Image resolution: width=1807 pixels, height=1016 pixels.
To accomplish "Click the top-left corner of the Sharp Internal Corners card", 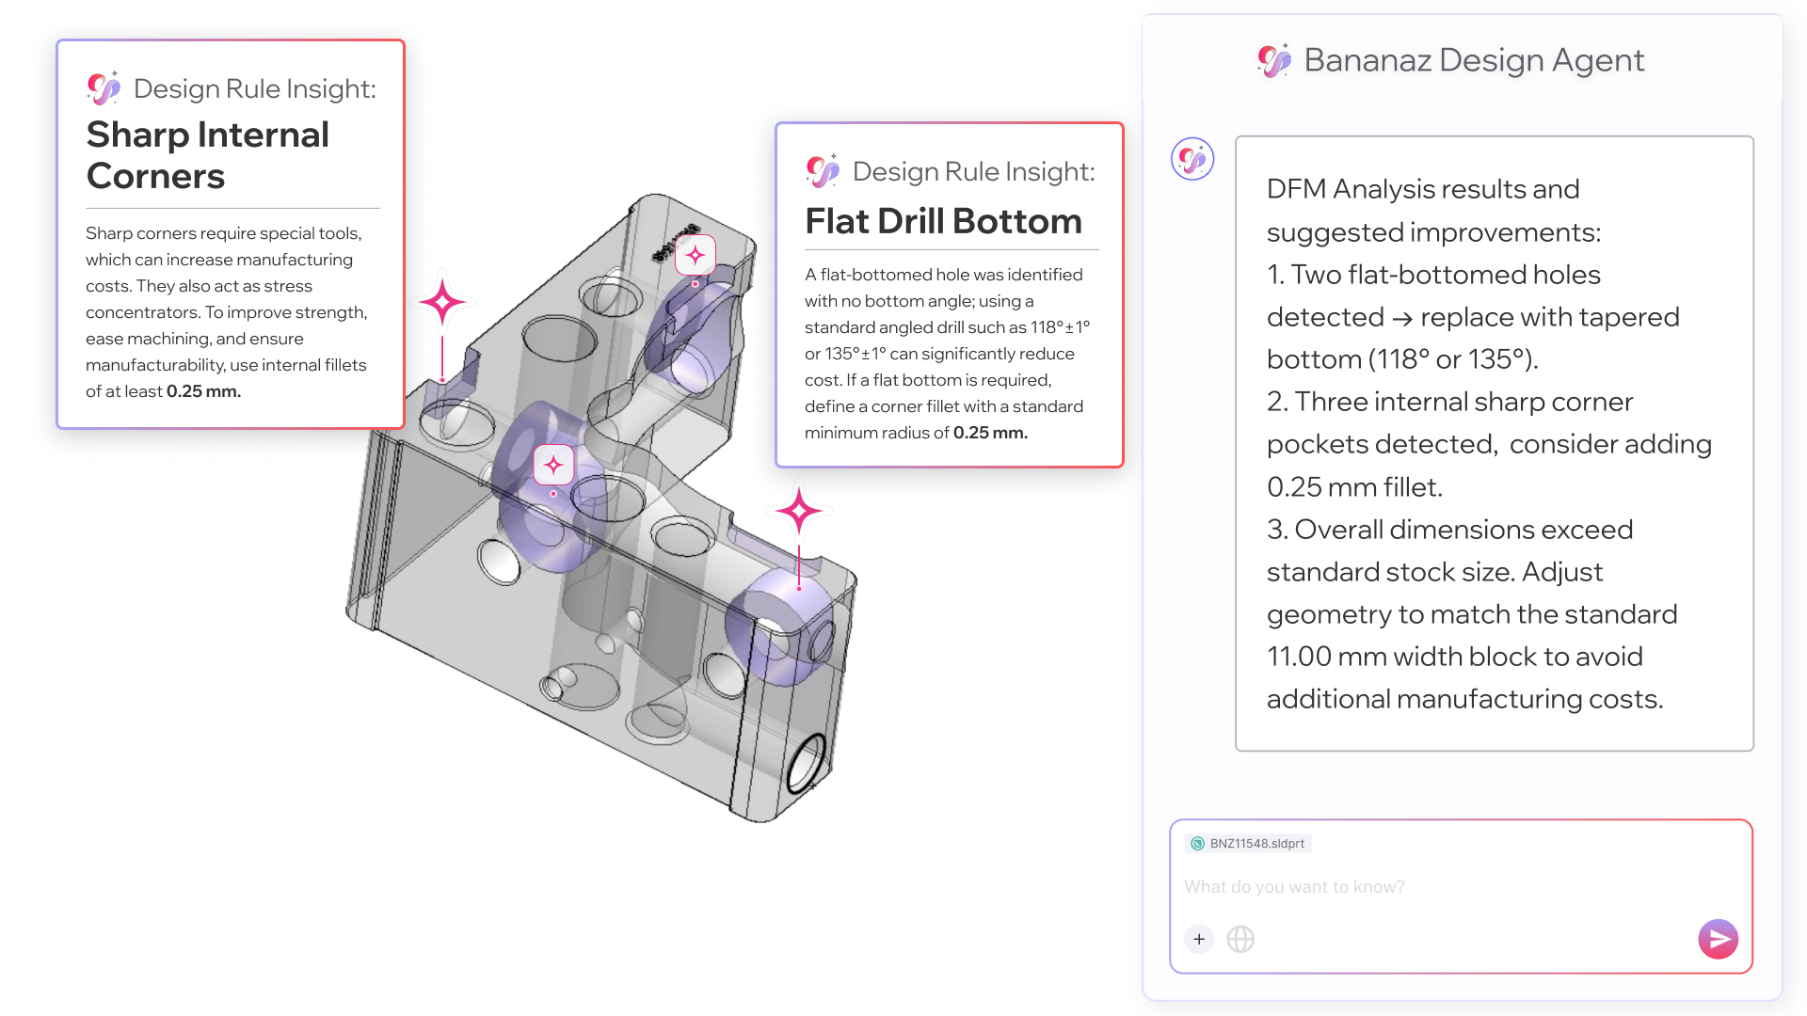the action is (x=57, y=40).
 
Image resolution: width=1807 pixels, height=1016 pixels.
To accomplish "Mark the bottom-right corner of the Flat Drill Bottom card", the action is (x=1123, y=467).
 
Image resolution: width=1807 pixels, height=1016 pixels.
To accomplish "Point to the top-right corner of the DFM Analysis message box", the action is (x=1753, y=136).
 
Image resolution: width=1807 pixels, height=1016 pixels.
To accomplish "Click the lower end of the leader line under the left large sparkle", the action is (x=442, y=380).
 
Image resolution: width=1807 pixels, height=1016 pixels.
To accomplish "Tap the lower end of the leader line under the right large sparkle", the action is (x=799, y=588).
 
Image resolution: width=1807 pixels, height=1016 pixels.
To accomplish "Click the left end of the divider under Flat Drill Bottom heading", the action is (x=806, y=250).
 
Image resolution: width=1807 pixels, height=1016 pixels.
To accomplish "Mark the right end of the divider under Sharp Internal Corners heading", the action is (x=380, y=208).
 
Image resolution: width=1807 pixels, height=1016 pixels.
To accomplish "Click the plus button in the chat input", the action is (x=1199, y=939).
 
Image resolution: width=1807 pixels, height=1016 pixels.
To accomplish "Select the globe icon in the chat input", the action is (x=1240, y=939).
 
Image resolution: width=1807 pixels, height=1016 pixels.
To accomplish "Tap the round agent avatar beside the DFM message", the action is (x=1192, y=159).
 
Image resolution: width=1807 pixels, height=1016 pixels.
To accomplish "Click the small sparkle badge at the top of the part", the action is (x=696, y=255).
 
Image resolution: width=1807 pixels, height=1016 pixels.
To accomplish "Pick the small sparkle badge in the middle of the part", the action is (x=553, y=465).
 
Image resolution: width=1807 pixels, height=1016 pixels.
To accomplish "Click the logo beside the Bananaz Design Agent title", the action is (x=1274, y=60).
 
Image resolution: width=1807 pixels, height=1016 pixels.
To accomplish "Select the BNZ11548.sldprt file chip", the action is (x=1248, y=844).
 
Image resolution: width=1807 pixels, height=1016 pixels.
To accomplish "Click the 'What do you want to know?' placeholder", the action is (x=1294, y=887).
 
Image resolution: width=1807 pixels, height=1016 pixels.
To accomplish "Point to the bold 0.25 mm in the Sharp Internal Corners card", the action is (x=203, y=391).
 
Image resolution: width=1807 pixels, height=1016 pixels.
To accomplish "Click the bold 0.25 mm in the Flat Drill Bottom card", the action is (x=990, y=433).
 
